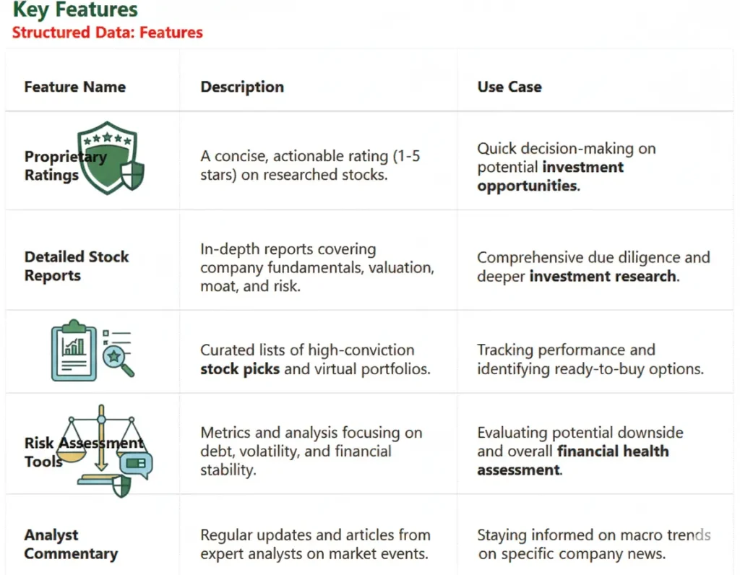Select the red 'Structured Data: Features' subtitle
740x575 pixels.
(108, 33)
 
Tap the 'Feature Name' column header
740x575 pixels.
(74, 87)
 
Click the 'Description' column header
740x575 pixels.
(242, 87)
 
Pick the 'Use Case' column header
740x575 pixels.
(509, 87)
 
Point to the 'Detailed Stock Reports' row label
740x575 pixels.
(76, 266)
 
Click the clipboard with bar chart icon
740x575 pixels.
(74, 350)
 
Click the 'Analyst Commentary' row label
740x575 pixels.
(70, 544)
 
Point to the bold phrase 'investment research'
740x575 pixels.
(603, 276)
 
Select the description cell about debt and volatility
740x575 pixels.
(311, 451)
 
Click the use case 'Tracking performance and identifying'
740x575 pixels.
(590, 359)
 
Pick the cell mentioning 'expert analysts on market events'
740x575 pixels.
(314, 545)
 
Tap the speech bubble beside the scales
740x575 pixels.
(136, 464)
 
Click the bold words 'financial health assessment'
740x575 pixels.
(571, 461)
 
